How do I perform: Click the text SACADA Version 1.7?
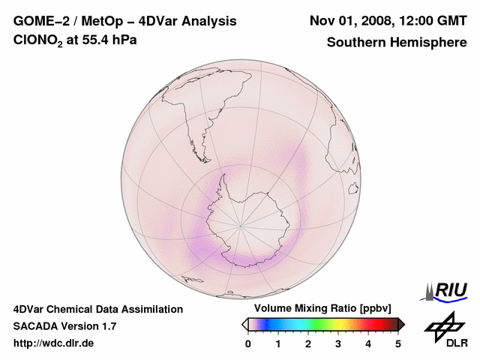64,326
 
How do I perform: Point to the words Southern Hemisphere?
396,42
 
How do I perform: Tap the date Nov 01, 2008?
348,21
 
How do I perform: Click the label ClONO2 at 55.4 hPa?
75,42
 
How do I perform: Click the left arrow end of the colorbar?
244,324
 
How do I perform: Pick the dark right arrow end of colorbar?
401,324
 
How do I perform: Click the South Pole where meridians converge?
241,224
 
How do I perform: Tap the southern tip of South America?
202,143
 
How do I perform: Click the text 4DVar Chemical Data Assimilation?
97,309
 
